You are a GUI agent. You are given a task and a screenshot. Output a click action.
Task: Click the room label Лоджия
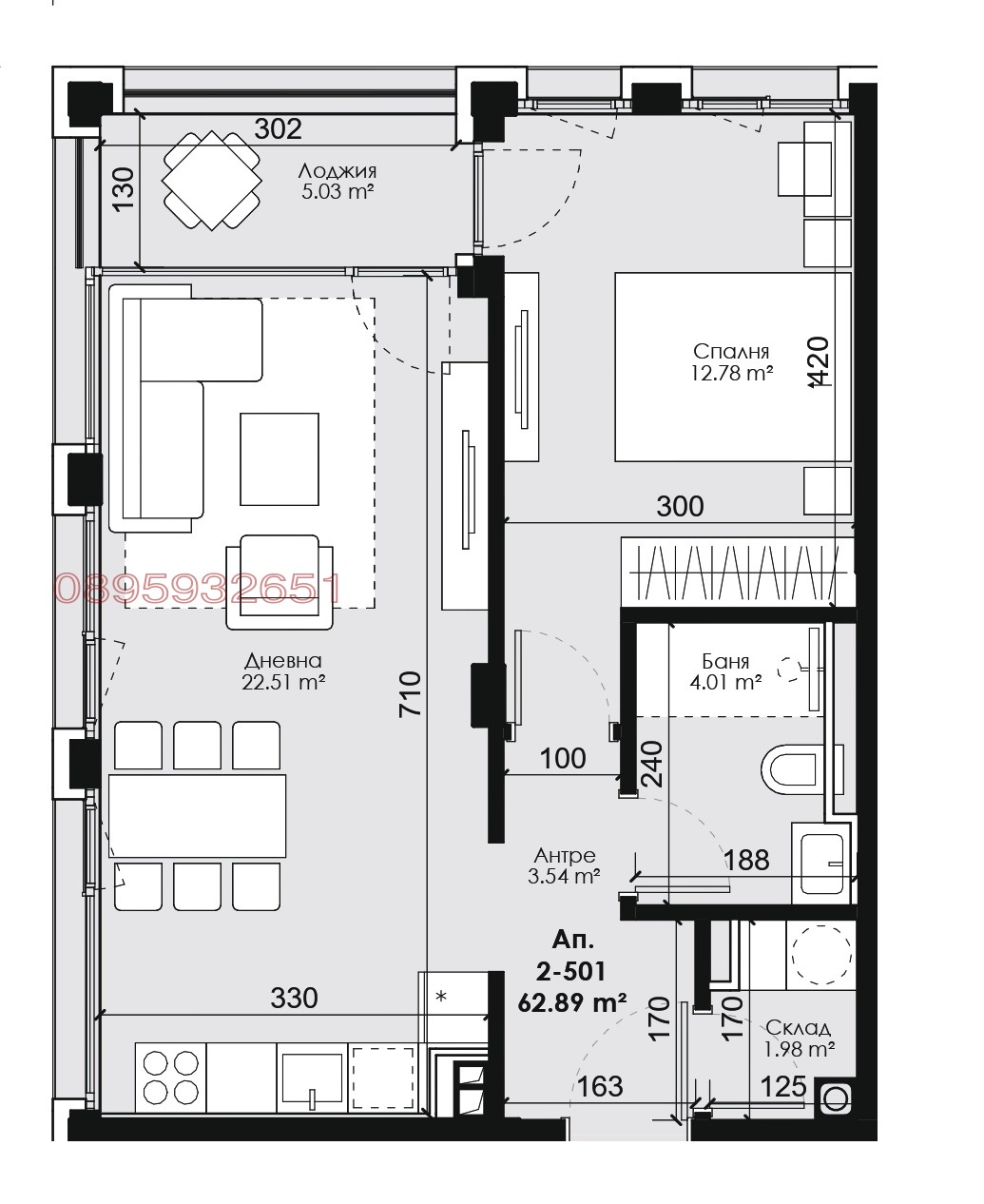click(x=337, y=171)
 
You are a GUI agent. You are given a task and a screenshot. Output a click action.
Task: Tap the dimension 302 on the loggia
click(x=279, y=129)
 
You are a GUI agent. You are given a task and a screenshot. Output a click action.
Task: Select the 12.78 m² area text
click(x=731, y=374)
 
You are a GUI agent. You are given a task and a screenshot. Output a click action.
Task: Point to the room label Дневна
click(x=283, y=660)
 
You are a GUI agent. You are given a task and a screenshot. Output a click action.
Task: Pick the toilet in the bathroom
click(x=791, y=768)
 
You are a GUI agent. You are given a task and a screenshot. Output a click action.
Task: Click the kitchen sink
click(x=311, y=1077)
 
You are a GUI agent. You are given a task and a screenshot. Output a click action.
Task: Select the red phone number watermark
click(x=198, y=590)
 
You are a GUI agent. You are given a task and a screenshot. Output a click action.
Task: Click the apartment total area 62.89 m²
click(x=572, y=1001)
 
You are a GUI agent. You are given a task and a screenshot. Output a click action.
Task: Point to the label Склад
click(x=798, y=1027)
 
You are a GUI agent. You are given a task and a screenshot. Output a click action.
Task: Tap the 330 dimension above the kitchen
click(x=294, y=998)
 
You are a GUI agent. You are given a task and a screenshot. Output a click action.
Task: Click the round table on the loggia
click(x=212, y=180)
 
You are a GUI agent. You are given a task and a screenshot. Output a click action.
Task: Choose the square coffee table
click(x=280, y=458)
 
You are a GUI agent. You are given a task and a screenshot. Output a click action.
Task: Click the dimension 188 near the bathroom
click(x=746, y=860)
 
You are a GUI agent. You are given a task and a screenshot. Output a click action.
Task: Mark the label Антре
click(x=565, y=855)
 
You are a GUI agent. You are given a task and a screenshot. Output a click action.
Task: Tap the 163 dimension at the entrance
click(x=600, y=1085)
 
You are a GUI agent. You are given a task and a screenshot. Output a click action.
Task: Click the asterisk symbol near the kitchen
click(x=440, y=997)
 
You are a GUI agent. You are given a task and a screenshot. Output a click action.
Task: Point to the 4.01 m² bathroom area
click(x=726, y=682)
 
